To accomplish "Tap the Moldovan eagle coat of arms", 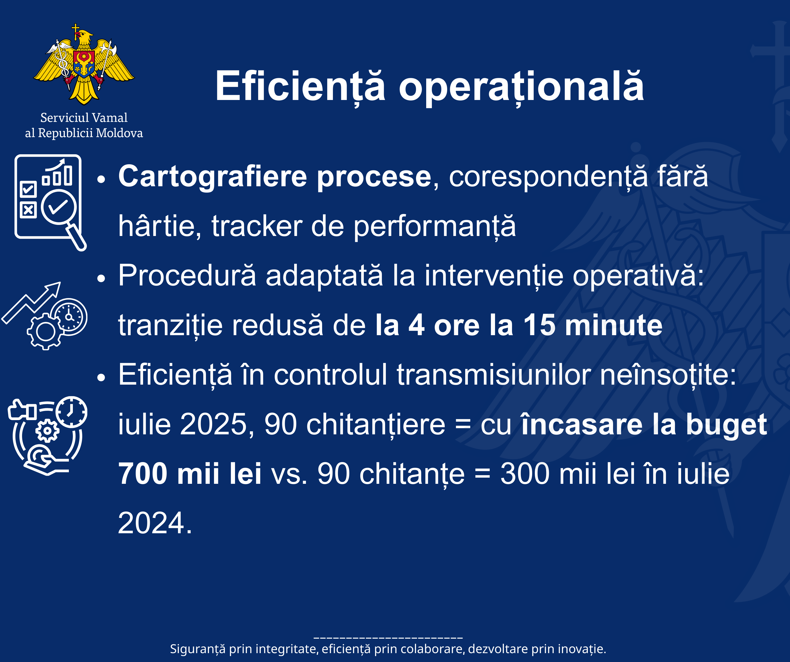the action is click(x=84, y=64).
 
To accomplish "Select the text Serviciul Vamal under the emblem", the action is click(x=84, y=118).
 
